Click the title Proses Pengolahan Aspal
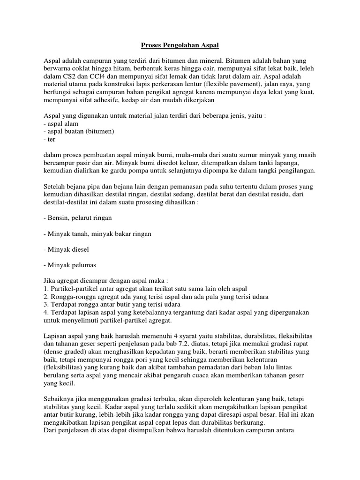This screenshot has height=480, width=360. (180, 46)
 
